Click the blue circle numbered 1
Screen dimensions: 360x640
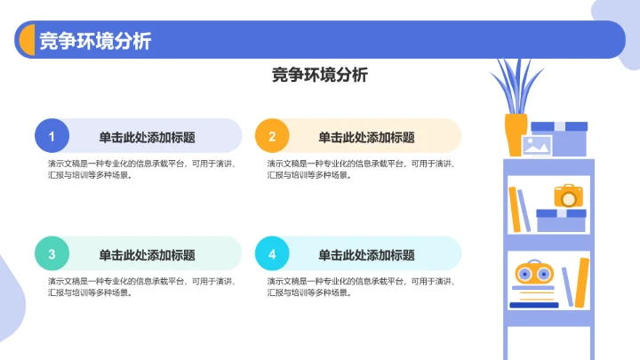(52, 136)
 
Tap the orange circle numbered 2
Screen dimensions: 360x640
(272, 136)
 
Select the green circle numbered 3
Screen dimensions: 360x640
(52, 254)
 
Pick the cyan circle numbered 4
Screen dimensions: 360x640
(272, 254)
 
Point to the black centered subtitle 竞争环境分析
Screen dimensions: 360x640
(319, 76)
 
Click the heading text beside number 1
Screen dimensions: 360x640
(147, 137)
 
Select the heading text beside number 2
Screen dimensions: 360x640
(366, 137)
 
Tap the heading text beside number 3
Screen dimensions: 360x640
(147, 255)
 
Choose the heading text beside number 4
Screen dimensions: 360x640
(366, 255)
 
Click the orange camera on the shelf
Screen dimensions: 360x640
(568, 196)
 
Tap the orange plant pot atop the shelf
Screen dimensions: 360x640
(515, 135)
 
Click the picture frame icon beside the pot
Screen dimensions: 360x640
(537, 146)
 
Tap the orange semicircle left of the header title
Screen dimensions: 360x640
(26, 40)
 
